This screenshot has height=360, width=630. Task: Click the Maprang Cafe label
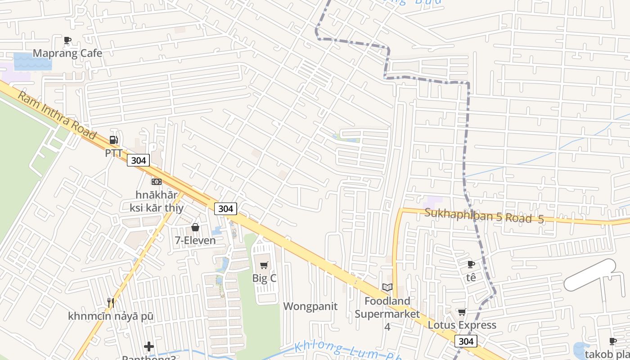67,53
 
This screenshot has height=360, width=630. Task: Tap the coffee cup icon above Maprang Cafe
67,40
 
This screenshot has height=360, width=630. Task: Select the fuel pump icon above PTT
114,140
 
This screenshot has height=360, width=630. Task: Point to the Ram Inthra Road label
57,115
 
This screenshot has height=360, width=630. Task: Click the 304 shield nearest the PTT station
138,160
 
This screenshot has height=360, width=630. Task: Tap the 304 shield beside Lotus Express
466,342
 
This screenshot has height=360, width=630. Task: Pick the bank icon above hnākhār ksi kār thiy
157,181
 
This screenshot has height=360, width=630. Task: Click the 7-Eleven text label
195,240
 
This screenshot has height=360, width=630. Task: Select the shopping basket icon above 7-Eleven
195,227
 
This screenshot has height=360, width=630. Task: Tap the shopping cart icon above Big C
264,265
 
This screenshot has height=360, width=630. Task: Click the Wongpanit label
310,306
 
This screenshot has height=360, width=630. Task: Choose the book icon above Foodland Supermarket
387,287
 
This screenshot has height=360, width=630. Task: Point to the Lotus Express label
462,325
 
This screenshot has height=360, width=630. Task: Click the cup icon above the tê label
471,264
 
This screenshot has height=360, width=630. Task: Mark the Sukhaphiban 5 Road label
484,216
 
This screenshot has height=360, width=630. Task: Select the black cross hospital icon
149,346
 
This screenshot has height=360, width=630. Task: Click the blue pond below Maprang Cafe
32,62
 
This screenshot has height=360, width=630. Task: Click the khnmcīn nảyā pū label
111,316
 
